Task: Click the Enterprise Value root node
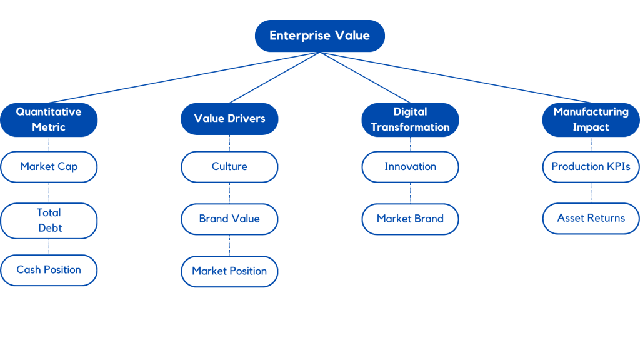tap(319, 36)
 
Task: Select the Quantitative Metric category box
tap(49, 119)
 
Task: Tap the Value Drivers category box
tap(229, 119)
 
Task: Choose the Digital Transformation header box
tap(410, 119)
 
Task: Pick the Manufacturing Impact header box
tap(591, 119)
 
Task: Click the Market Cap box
tap(49, 167)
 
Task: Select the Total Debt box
tap(49, 221)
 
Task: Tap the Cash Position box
tap(49, 270)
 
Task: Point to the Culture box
tap(229, 167)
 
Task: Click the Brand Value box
tap(229, 219)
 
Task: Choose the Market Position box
tap(229, 271)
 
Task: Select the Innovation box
tap(410, 167)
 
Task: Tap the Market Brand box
tap(410, 219)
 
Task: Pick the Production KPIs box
tap(591, 167)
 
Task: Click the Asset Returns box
tap(591, 219)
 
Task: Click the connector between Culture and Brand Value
tap(229, 193)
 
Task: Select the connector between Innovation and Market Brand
tap(411, 193)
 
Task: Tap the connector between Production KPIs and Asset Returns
tap(591, 192)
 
